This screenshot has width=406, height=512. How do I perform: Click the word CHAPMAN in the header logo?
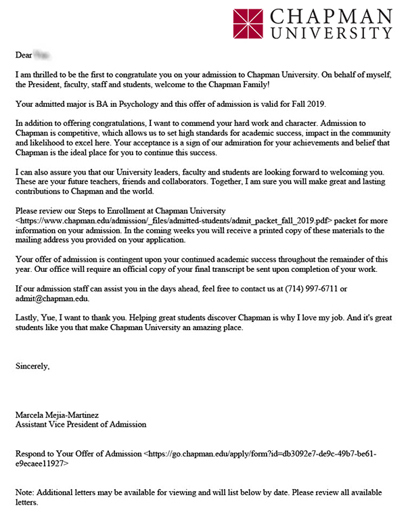click(x=329, y=16)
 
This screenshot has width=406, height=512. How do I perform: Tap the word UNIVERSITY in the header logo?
click(x=329, y=32)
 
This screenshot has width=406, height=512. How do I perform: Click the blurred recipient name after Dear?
click(x=43, y=51)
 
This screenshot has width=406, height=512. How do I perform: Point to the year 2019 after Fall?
click(x=315, y=103)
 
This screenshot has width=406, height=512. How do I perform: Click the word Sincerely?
click(x=32, y=366)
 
